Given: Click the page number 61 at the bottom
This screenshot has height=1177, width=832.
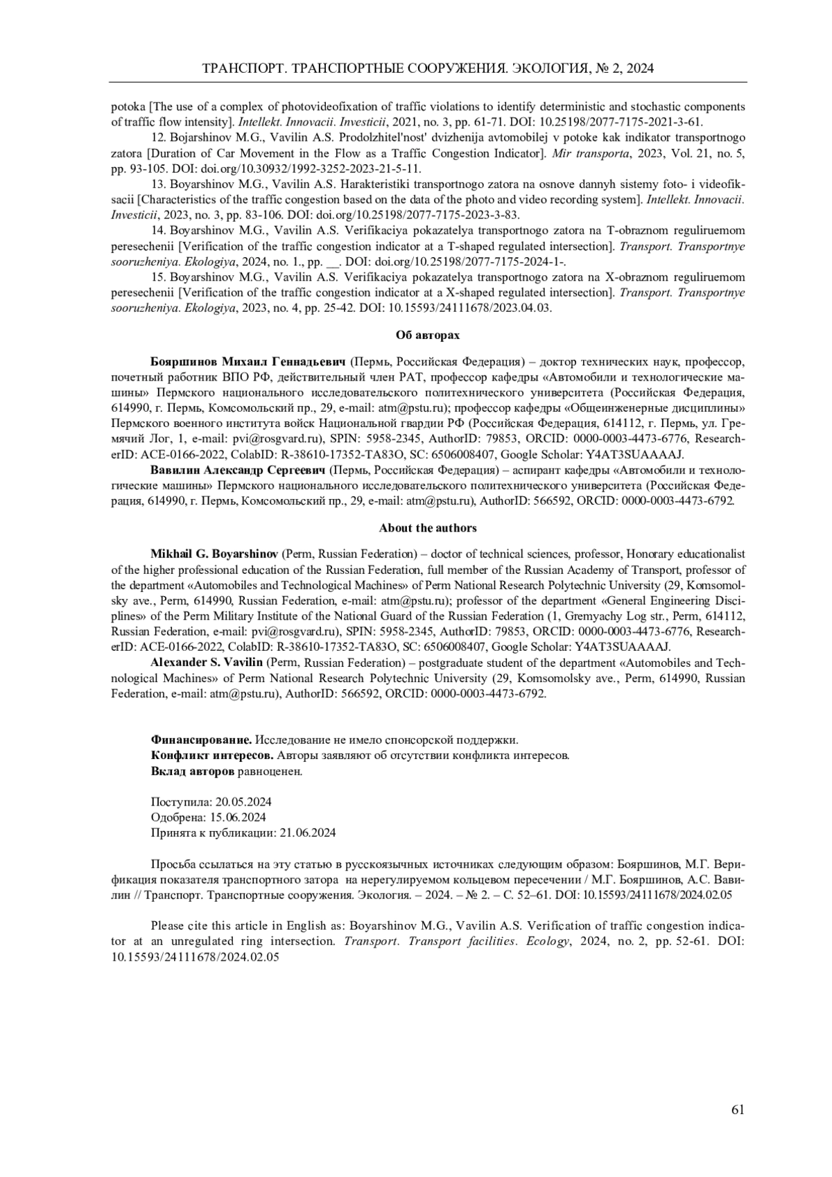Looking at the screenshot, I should click(x=738, y=1110).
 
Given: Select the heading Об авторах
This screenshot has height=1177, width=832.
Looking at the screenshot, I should click(x=427, y=335).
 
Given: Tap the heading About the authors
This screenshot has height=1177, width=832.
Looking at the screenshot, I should click(x=427, y=528).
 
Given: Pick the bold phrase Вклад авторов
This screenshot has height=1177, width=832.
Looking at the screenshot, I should click(x=193, y=770).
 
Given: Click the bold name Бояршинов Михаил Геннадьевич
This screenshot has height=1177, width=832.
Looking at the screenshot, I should click(x=248, y=361).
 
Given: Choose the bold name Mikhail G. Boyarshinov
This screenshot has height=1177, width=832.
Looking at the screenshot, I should click(x=214, y=554).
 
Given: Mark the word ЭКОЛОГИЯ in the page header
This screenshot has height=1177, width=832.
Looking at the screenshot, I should click(x=541, y=69).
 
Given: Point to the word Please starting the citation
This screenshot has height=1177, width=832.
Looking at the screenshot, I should click(x=168, y=925).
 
